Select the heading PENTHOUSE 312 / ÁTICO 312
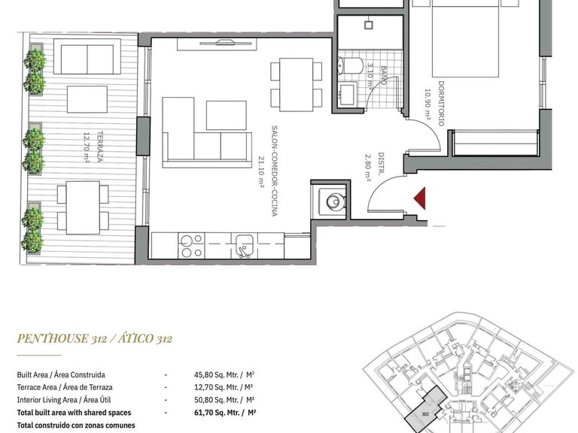tap(95, 339)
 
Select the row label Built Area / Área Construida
tap(61, 374)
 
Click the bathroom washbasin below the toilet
tap(348, 94)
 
